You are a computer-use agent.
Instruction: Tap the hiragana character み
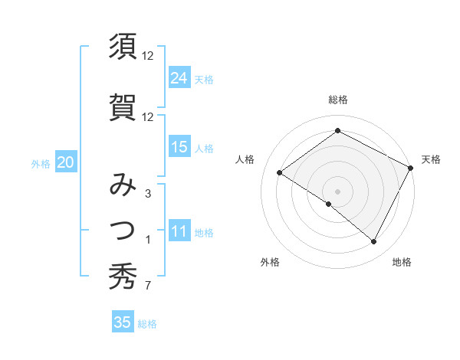(123, 186)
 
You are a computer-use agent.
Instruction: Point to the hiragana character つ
(123, 229)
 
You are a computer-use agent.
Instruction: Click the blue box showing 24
(179, 78)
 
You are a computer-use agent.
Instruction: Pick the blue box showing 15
(179, 147)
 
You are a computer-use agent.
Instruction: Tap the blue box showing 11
(179, 232)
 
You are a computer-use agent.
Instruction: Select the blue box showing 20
(66, 162)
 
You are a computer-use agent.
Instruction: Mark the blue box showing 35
(123, 322)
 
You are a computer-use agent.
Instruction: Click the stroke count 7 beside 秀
(147, 286)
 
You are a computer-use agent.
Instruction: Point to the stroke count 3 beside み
(147, 194)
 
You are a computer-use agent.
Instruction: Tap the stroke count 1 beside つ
(147, 241)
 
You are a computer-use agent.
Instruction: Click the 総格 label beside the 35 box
(147, 324)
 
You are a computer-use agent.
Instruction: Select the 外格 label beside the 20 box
(41, 163)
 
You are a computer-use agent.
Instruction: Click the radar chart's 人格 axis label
(245, 159)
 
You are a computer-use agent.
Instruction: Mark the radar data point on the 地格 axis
(374, 242)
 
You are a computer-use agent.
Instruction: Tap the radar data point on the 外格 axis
(328, 204)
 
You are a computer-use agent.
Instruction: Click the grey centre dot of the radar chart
(337, 191)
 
